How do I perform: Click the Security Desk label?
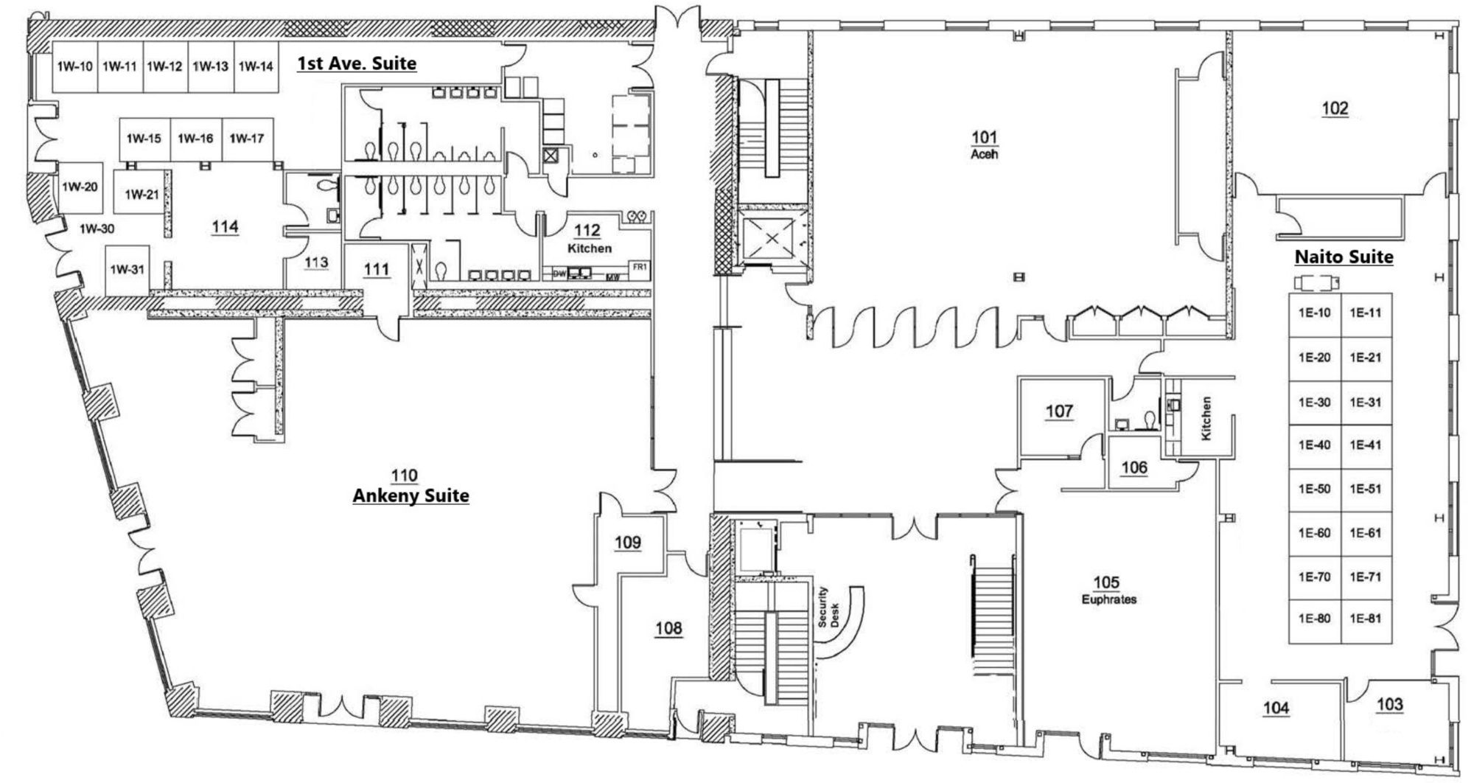coord(828,608)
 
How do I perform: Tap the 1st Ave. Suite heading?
coord(357,63)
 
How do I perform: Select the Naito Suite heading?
coord(1344,257)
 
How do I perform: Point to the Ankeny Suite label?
coord(411,495)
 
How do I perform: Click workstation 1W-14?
coord(256,66)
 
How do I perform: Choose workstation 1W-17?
coord(247,139)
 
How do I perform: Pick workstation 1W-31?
coord(128,270)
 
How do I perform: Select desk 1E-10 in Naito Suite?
coord(1314,313)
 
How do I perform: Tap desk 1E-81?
coord(1366,619)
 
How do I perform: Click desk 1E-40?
coord(1314,445)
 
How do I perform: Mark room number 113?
coord(316,263)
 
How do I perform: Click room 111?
coord(377,270)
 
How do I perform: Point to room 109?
coord(628,543)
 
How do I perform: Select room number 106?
coord(1134,467)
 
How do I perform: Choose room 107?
coord(1059,411)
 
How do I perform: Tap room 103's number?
coord(1390,705)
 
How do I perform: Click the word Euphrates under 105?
coord(1109,599)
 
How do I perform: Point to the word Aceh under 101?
coord(985,155)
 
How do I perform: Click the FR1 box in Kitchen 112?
coord(638,267)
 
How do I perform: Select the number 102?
coord(1335,108)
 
